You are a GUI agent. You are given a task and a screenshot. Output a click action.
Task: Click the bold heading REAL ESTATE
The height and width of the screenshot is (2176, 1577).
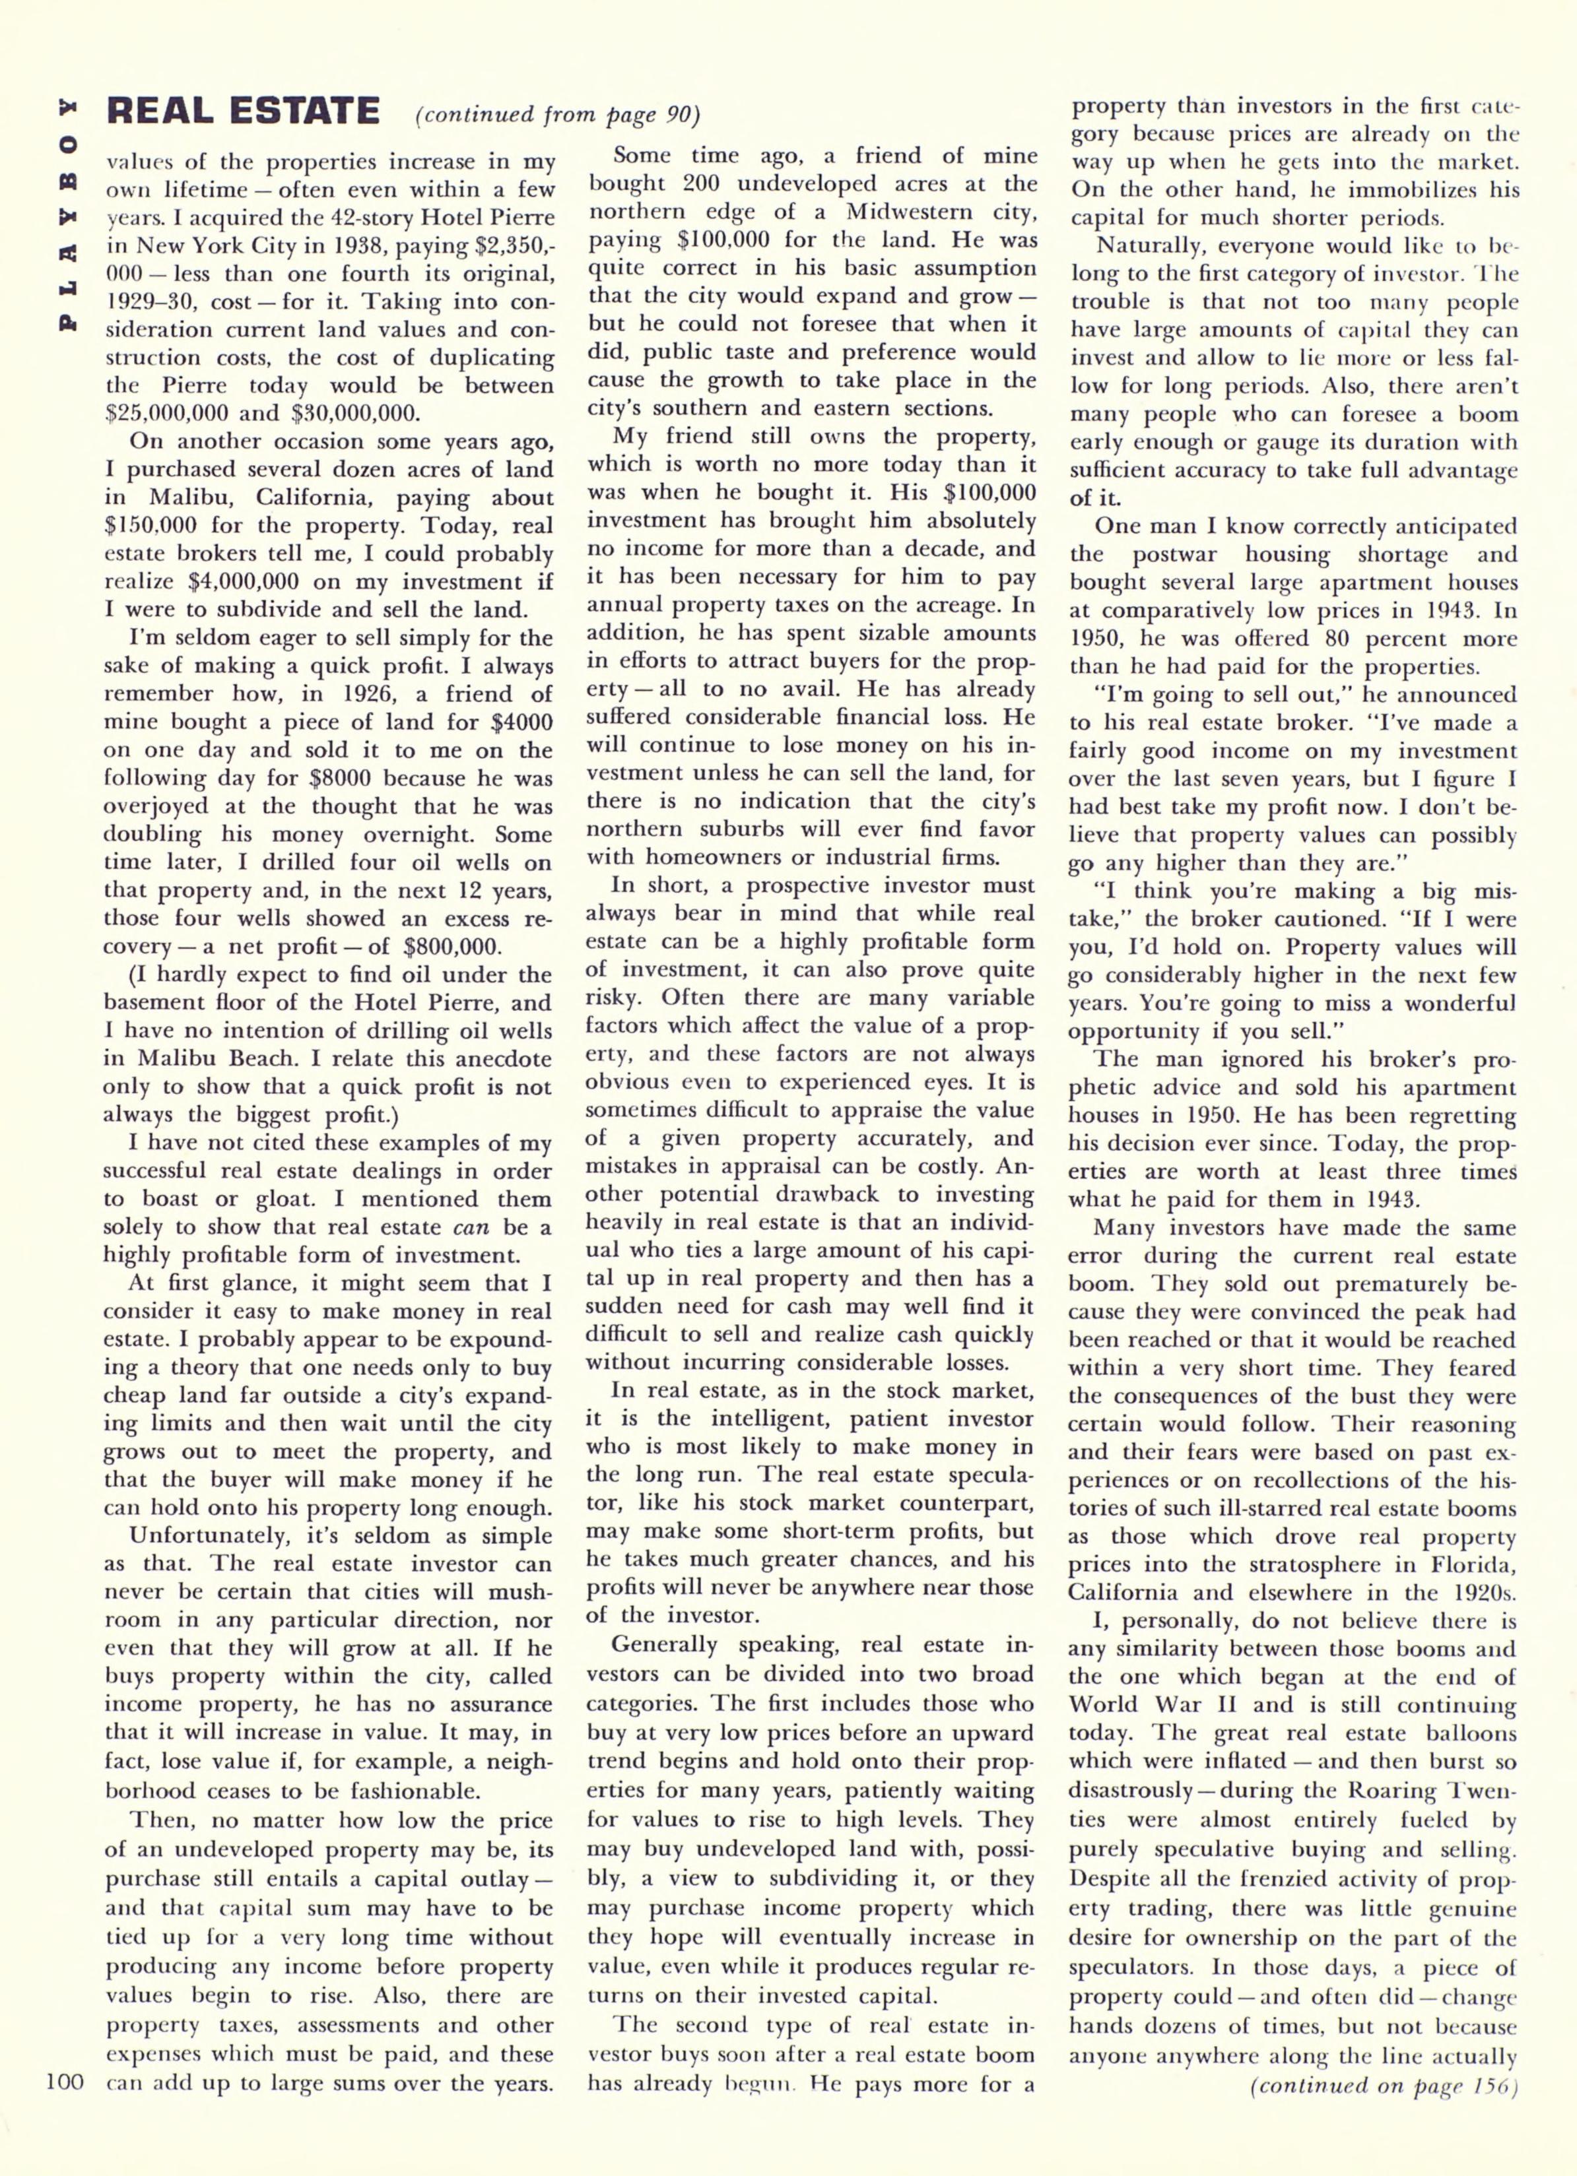pos(244,112)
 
